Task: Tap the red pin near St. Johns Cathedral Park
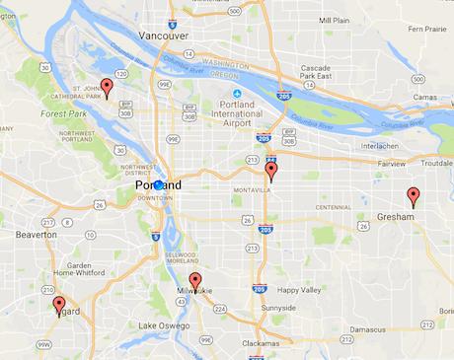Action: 107,87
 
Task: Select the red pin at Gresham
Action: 414,194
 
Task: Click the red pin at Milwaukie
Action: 195,280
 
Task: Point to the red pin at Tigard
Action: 58,304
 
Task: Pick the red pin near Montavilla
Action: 270,169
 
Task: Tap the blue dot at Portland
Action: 159,184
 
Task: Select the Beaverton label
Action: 36,236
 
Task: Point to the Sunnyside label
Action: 278,309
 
